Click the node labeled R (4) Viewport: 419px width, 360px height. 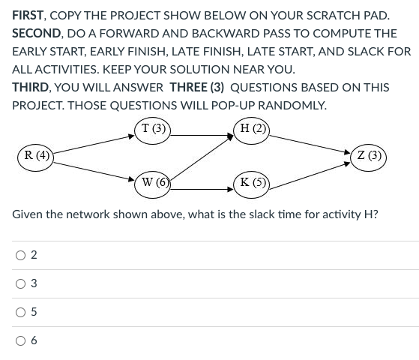35,156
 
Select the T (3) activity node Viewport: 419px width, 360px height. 154,128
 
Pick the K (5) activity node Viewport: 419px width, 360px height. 251,181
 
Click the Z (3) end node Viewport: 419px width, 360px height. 370,156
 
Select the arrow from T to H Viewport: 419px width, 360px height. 202,135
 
